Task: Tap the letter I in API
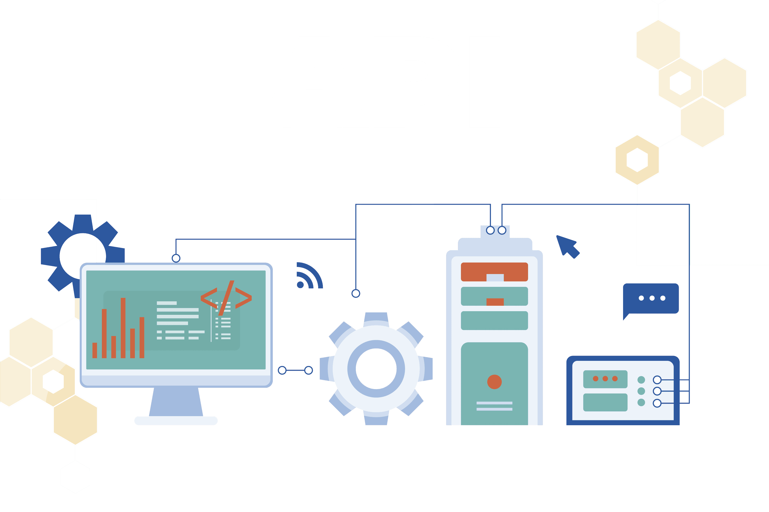(484, 82)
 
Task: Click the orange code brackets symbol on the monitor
(226, 298)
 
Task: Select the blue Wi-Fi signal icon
(309, 276)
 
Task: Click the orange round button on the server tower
(494, 382)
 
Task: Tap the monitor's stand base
(176, 421)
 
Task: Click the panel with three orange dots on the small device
(605, 379)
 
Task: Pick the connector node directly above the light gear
(356, 293)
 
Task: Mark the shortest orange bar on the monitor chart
(95, 350)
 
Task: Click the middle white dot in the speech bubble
(652, 298)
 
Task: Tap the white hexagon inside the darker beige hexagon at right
(637, 160)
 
